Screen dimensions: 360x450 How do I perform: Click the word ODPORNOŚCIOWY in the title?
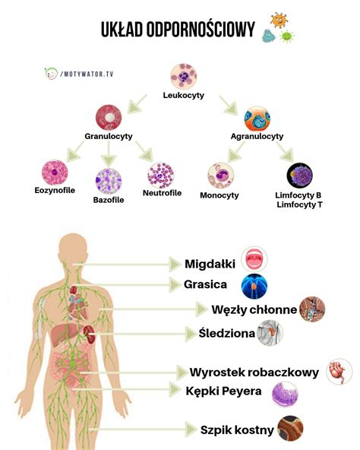click(x=201, y=30)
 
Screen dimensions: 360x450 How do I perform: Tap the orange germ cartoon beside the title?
click(x=279, y=20)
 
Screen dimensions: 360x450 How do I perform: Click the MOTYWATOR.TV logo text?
click(x=87, y=74)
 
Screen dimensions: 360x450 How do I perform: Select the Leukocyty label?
click(x=184, y=95)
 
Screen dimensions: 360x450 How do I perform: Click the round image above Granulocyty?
click(x=109, y=117)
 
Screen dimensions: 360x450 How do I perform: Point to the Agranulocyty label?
click(x=257, y=136)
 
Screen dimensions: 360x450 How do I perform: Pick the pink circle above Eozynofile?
click(x=55, y=173)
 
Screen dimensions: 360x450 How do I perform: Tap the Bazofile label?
click(x=109, y=200)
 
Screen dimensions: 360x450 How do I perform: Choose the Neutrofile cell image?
click(x=161, y=176)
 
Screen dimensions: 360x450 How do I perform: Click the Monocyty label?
click(x=219, y=195)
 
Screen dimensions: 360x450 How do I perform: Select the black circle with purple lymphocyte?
click(x=300, y=176)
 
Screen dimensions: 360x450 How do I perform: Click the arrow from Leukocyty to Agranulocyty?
click(x=229, y=106)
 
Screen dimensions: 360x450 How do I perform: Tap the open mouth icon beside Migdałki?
click(x=254, y=259)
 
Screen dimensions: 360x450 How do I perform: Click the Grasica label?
click(x=205, y=284)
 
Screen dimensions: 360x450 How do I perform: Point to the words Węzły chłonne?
click(x=254, y=309)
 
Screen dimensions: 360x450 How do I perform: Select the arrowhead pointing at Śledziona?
click(x=191, y=334)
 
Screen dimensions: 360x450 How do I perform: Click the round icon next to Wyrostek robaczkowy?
click(x=339, y=372)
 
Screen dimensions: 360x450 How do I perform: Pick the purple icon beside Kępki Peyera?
click(x=285, y=395)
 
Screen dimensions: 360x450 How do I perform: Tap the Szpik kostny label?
click(x=237, y=430)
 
